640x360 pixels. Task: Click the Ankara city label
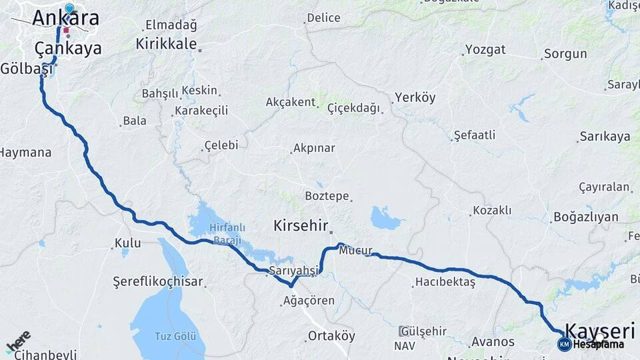coord(65,19)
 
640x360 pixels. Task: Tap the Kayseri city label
coord(600,330)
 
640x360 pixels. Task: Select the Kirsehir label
coord(301,226)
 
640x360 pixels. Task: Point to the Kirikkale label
coord(167,44)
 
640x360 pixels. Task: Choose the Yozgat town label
coord(485,49)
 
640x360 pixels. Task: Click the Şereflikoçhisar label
coord(157,281)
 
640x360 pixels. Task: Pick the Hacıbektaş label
coord(445,282)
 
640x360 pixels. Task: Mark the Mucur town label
coord(355,251)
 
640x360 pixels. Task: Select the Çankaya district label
coord(68,48)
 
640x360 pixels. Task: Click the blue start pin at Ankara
coord(69,9)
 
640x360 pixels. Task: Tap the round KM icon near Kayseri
coord(564,344)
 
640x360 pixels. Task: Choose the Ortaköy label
coord(331,336)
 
